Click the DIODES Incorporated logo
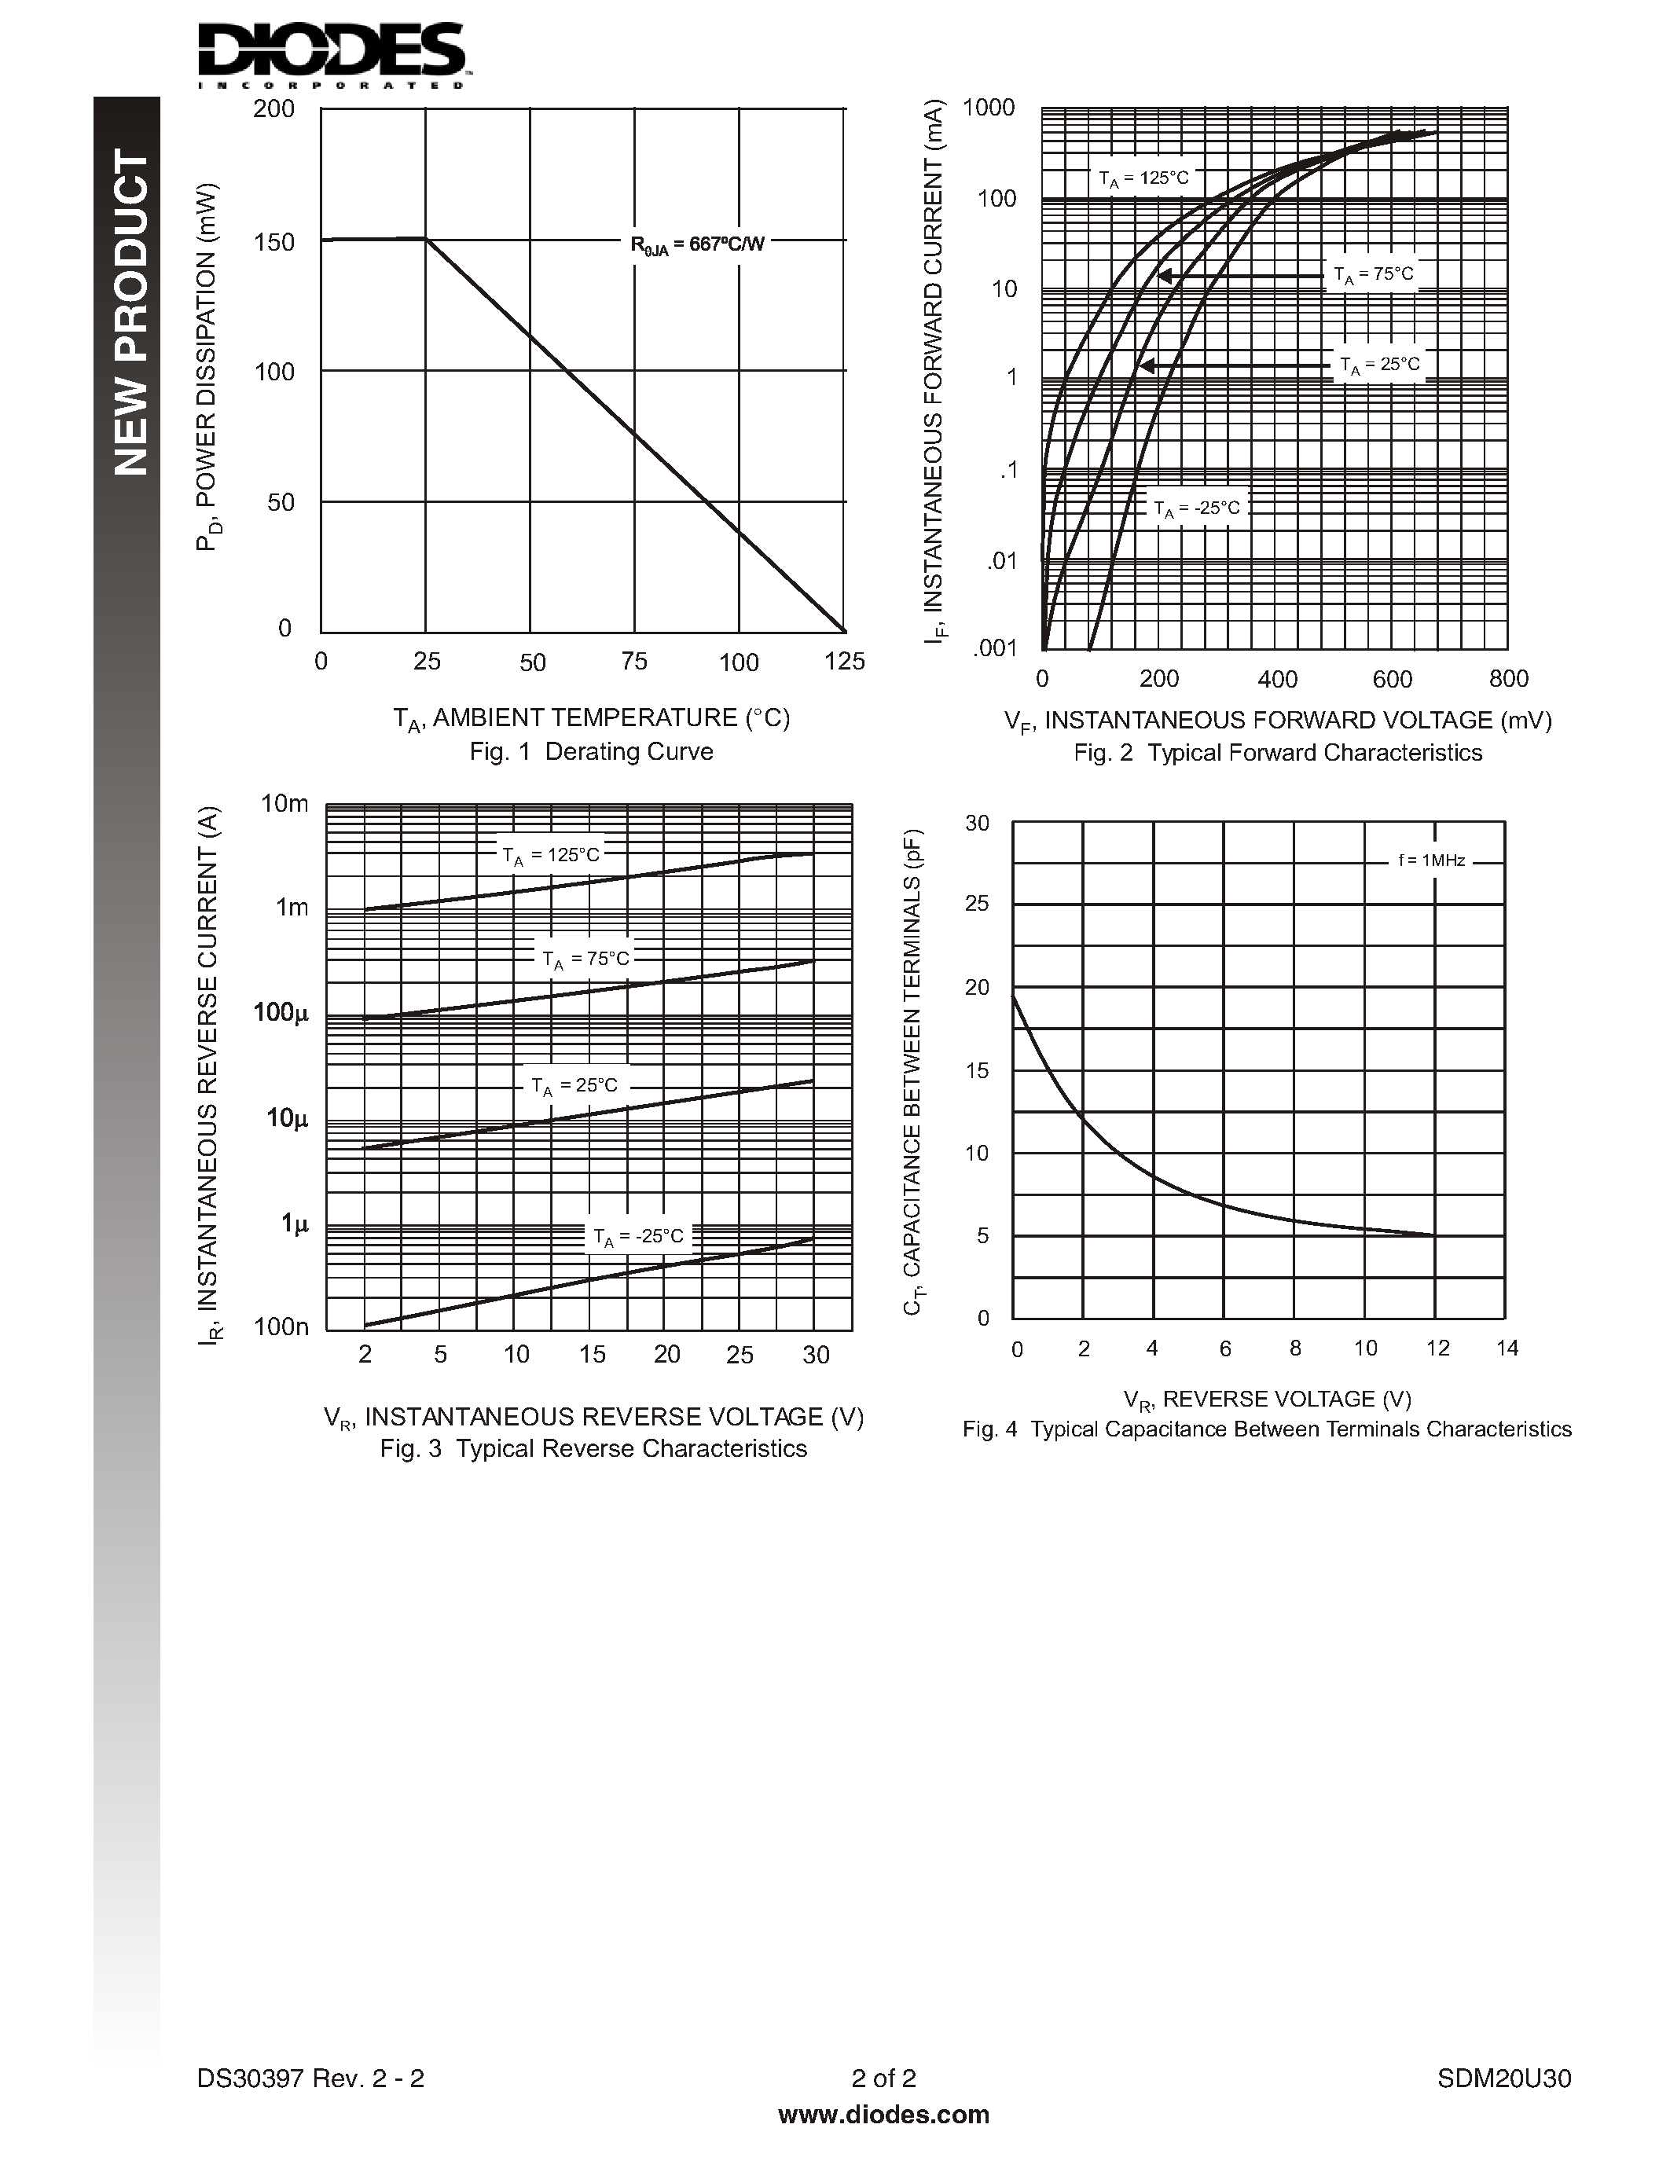click(x=332, y=54)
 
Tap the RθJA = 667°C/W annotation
click(x=698, y=244)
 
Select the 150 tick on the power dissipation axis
click(x=274, y=242)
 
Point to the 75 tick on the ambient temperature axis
click(x=634, y=661)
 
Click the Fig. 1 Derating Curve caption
click(x=591, y=751)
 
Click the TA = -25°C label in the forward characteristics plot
click(x=1196, y=508)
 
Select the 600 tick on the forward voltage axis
click(x=1392, y=679)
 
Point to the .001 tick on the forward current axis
click(x=995, y=648)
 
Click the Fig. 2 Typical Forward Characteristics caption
click(x=1277, y=753)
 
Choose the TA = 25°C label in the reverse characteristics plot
click(x=574, y=1085)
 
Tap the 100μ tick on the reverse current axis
click(x=281, y=1012)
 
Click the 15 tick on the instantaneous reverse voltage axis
click(x=592, y=1354)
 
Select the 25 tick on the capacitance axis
click(x=977, y=904)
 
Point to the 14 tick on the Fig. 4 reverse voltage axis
click(x=1506, y=1348)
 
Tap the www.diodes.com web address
click(x=883, y=2115)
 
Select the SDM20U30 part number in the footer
click(x=1504, y=2078)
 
